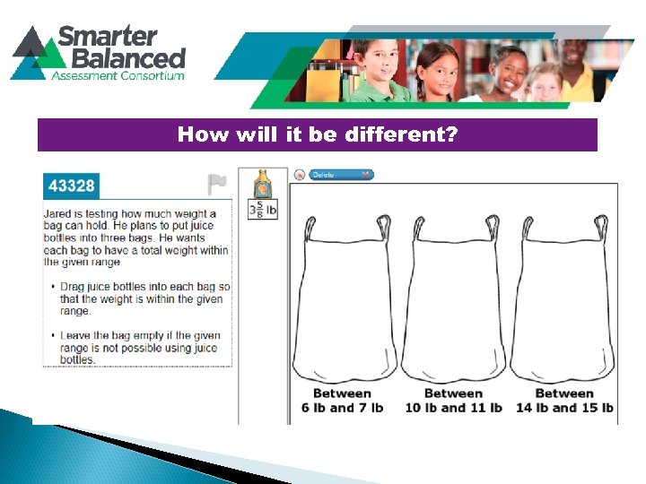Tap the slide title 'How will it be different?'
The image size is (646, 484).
tap(318, 135)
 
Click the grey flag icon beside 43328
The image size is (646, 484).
tap(216, 185)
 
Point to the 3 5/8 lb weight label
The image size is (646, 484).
tap(263, 210)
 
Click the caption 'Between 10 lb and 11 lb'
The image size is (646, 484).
tap(453, 401)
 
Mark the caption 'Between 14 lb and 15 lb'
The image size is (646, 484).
tap(564, 401)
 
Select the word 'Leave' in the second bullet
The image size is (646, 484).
tap(76, 335)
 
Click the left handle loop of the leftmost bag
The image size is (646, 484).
tap(309, 228)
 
